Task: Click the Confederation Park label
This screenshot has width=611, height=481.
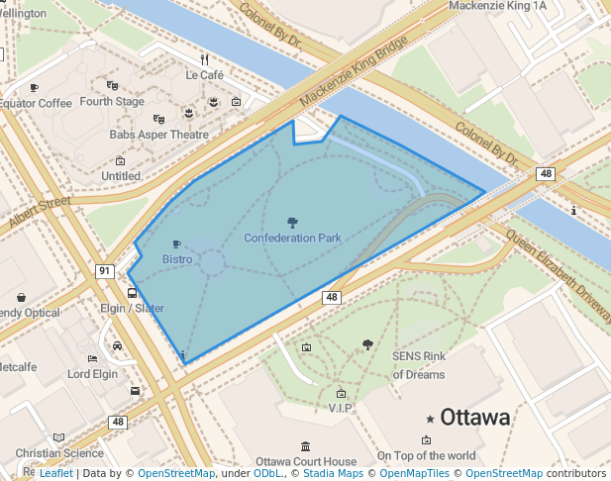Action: [x=292, y=239]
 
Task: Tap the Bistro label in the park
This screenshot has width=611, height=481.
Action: [x=177, y=259]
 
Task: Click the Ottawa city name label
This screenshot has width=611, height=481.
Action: [x=475, y=417]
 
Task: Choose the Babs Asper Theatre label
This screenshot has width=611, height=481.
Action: [x=159, y=135]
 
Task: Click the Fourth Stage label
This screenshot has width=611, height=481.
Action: [x=112, y=101]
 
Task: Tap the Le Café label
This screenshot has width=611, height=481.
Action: [x=204, y=74]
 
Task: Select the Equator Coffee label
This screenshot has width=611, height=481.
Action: [x=36, y=103]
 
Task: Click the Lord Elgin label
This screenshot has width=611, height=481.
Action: [x=92, y=374]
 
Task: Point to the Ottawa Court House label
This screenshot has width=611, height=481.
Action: [x=305, y=461]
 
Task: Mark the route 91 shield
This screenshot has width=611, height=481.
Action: [x=104, y=270]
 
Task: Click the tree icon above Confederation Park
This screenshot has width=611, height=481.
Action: [x=292, y=223]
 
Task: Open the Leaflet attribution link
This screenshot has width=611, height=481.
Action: [x=55, y=473]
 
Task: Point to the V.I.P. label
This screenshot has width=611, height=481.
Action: [x=341, y=408]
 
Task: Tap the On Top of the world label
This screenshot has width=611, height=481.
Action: [x=426, y=455]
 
